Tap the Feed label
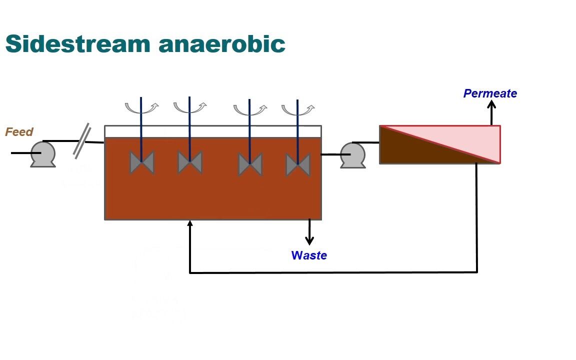[x=19, y=132]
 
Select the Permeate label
[x=490, y=93]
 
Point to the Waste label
[x=309, y=255]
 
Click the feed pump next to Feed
[x=42, y=154]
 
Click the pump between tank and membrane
[x=352, y=155]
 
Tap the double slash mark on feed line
[x=82, y=139]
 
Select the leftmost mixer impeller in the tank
[x=141, y=162]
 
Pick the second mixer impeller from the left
[x=189, y=162]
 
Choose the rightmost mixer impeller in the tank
[x=297, y=164]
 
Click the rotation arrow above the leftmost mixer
[x=141, y=107]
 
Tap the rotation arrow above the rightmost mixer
[x=298, y=108]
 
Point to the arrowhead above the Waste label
[x=309, y=240]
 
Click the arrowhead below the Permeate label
[x=491, y=104]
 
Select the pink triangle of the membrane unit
[x=465, y=137]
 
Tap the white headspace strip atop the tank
[x=212, y=131]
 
